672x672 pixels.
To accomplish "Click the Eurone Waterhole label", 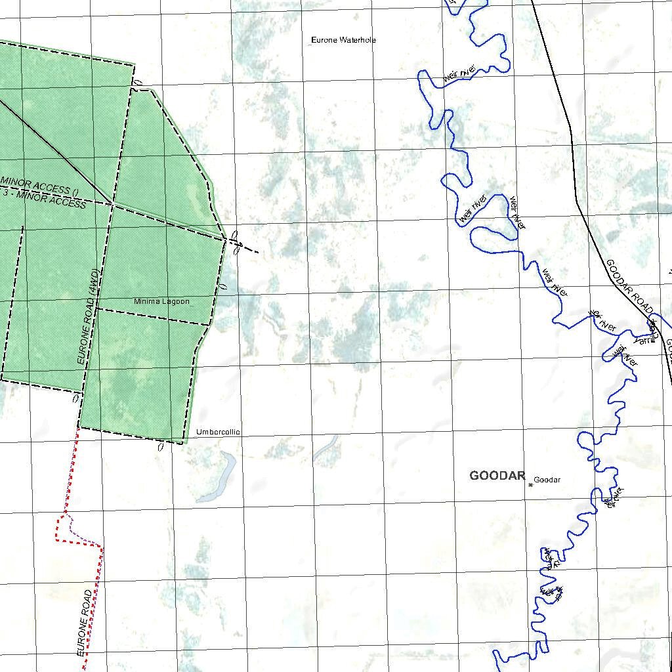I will (343, 40).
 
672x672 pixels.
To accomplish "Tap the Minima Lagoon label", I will (161, 302).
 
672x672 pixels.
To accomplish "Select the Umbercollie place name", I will (218, 432).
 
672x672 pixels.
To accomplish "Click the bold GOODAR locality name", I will (497, 476).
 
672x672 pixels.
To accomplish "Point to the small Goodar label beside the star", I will (547, 480).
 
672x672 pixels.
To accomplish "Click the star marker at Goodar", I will (530, 485).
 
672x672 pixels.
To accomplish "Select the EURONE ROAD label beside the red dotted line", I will (86, 622).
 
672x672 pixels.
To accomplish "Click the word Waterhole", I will (358, 40).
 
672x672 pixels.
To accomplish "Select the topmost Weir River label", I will (459, 73).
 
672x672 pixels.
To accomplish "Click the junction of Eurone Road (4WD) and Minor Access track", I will (112, 205).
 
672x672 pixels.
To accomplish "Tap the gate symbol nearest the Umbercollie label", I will (160, 447).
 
